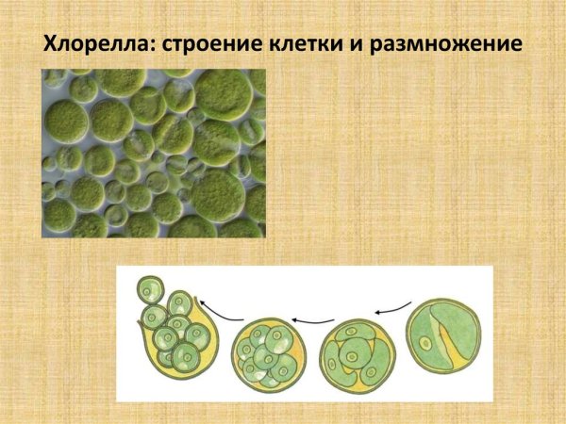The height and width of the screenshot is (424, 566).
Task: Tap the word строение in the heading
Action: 212,44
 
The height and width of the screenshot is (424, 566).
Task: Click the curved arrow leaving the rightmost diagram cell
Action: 392,305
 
